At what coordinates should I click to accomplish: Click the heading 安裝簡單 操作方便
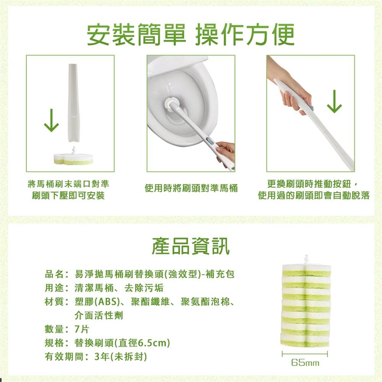(x=191, y=35)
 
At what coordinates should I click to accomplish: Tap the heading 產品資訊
(x=191, y=246)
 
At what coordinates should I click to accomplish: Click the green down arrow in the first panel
(x=51, y=120)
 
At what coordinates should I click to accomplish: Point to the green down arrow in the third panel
(x=334, y=101)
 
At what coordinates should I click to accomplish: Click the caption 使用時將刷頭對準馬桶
(x=191, y=188)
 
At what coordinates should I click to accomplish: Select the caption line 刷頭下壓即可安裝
(x=68, y=195)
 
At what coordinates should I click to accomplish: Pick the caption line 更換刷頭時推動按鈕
(x=310, y=184)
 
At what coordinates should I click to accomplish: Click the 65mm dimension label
(x=305, y=363)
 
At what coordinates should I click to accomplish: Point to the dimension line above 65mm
(x=305, y=354)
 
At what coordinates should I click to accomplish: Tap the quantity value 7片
(x=82, y=329)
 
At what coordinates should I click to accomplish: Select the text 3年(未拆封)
(x=121, y=357)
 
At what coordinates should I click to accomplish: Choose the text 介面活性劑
(x=99, y=316)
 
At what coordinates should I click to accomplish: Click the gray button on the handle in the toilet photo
(x=209, y=140)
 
